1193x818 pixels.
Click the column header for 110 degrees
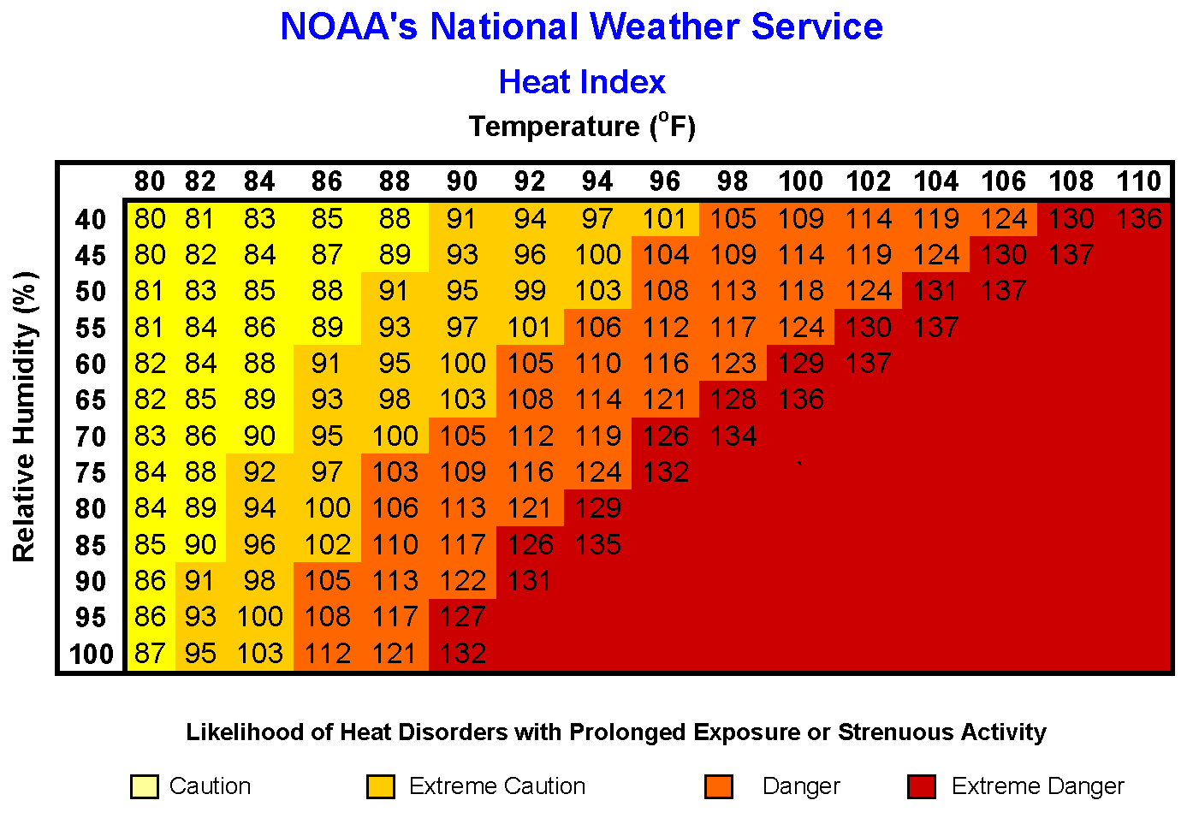point(1138,181)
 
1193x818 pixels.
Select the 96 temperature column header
point(665,181)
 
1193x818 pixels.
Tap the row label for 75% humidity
point(91,473)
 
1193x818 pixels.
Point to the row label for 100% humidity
point(91,655)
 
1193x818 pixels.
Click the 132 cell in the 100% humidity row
point(462,654)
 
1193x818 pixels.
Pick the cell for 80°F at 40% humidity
point(150,219)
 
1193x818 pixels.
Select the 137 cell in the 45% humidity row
point(1071,255)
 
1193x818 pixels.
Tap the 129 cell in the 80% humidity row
point(597,508)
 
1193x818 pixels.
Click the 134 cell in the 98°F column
point(733,436)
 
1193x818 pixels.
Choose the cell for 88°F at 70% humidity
point(395,436)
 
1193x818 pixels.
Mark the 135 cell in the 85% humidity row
point(597,545)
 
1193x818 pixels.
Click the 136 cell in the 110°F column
point(1138,219)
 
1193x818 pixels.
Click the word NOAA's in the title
point(348,27)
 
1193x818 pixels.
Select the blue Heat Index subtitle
point(582,82)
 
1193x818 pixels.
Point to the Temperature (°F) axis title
point(582,127)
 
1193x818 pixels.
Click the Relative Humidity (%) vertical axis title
point(25,417)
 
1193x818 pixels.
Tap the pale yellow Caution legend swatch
point(144,786)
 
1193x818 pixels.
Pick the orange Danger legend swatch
point(719,786)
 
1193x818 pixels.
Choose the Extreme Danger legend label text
point(1037,786)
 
